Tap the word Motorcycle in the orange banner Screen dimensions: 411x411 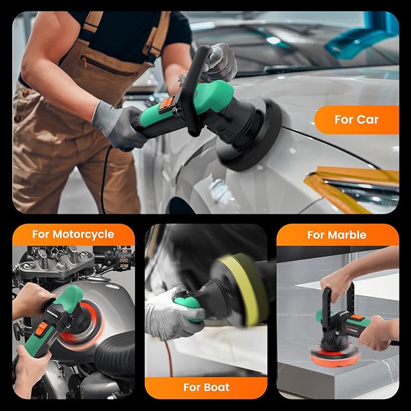pos(84,235)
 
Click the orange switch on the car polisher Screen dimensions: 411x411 pos(166,104)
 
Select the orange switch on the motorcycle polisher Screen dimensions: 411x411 pos(41,329)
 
